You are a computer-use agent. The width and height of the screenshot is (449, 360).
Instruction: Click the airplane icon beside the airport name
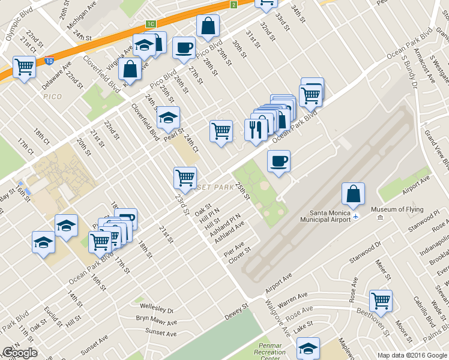(357, 216)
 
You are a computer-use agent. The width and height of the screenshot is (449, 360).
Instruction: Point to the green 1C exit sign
(150, 24)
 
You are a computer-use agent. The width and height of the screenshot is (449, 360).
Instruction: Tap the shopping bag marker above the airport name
(354, 193)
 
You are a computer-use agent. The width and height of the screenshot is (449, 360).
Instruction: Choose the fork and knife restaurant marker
(256, 130)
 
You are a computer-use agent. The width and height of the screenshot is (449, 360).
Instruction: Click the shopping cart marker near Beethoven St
(381, 301)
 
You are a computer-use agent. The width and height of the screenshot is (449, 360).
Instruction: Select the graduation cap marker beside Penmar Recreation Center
(308, 348)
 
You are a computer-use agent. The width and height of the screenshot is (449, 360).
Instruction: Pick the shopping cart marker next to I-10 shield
(25, 67)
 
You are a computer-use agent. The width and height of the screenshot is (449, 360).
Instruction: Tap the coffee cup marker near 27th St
(184, 47)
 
